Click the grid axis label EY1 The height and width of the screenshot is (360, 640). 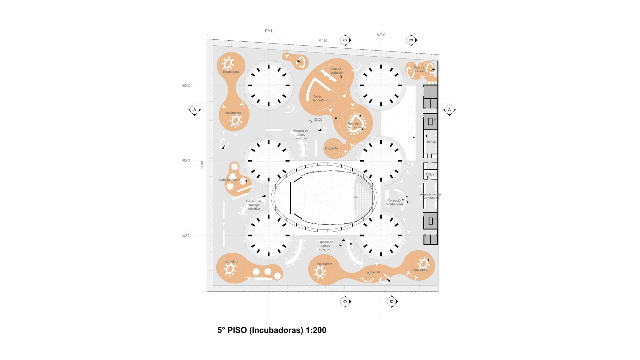click(x=268, y=31)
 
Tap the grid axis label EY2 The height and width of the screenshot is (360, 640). click(x=381, y=34)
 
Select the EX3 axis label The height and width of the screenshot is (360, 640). click(x=186, y=85)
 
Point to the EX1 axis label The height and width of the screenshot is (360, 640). click(x=186, y=235)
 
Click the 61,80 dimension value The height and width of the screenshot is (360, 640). click(x=323, y=41)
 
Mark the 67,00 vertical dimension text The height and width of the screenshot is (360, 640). click(x=202, y=165)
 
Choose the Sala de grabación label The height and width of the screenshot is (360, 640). click(x=337, y=71)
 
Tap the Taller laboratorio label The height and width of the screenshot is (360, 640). click(x=320, y=98)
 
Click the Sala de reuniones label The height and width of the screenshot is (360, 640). click(x=354, y=125)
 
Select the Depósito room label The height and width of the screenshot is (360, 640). click(x=331, y=148)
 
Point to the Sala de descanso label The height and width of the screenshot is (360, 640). click(x=419, y=69)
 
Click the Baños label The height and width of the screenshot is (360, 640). click(x=431, y=142)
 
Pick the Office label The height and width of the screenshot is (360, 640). click(x=430, y=174)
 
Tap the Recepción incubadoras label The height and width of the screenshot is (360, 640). click(x=395, y=202)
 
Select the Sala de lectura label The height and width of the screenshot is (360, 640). click(x=229, y=180)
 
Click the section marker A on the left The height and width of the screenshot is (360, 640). click(x=195, y=110)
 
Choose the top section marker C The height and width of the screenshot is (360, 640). click(x=345, y=40)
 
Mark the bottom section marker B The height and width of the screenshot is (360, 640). click(x=392, y=301)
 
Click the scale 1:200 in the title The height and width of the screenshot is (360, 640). click(x=316, y=330)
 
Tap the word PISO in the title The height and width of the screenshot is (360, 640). click(x=237, y=330)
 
